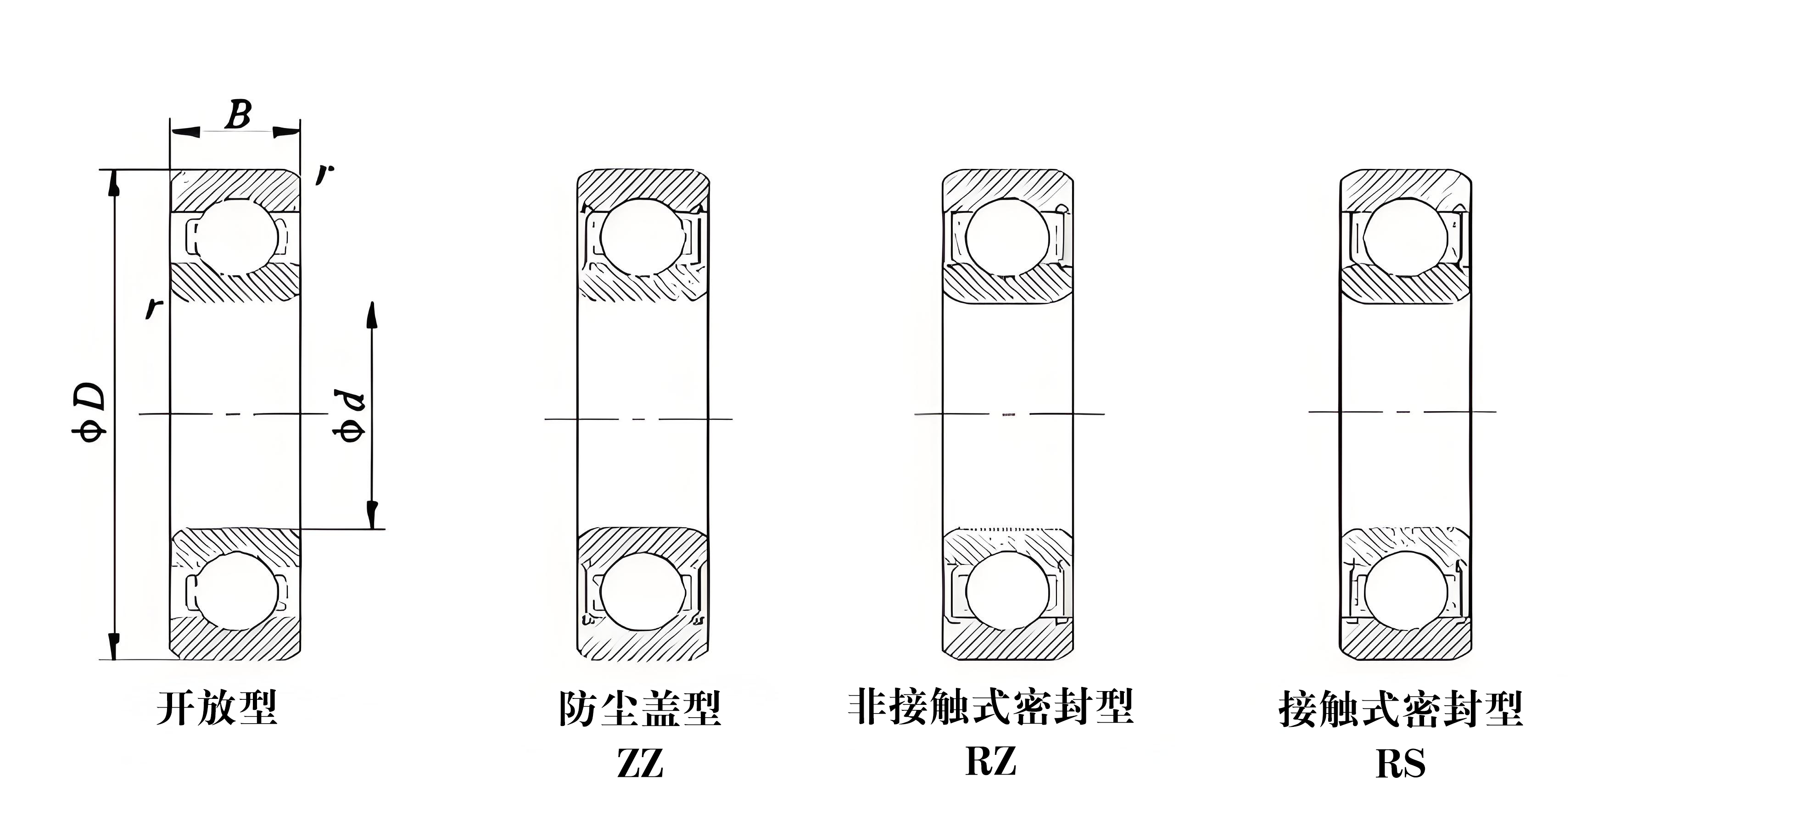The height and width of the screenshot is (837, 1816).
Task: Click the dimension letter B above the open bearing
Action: click(238, 114)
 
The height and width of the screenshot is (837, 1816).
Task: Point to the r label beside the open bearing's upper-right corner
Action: click(324, 173)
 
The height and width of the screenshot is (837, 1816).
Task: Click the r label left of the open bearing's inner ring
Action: click(154, 308)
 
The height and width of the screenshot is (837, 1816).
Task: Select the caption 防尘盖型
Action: click(639, 709)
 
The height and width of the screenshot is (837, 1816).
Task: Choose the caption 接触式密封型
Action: click(1401, 709)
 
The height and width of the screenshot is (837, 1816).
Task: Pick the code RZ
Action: click(990, 761)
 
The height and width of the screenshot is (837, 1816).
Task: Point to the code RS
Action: click(1401, 764)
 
